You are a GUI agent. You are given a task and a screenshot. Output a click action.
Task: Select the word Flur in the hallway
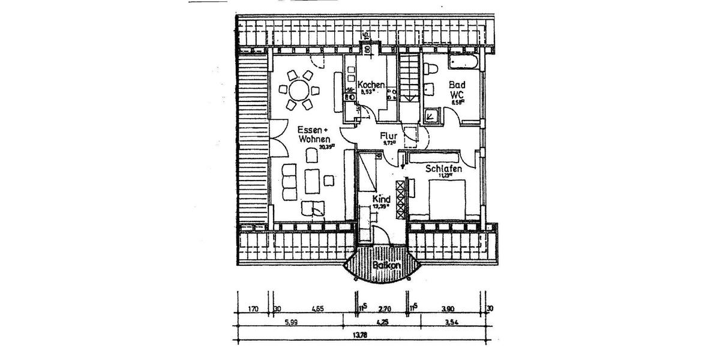click(389, 136)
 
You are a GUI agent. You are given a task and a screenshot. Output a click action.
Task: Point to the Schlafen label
click(443, 169)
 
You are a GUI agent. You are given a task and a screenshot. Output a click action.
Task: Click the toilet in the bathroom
click(430, 71)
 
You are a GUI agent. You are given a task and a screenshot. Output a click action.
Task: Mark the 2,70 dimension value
click(384, 309)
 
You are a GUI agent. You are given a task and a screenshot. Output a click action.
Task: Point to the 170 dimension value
click(253, 309)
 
